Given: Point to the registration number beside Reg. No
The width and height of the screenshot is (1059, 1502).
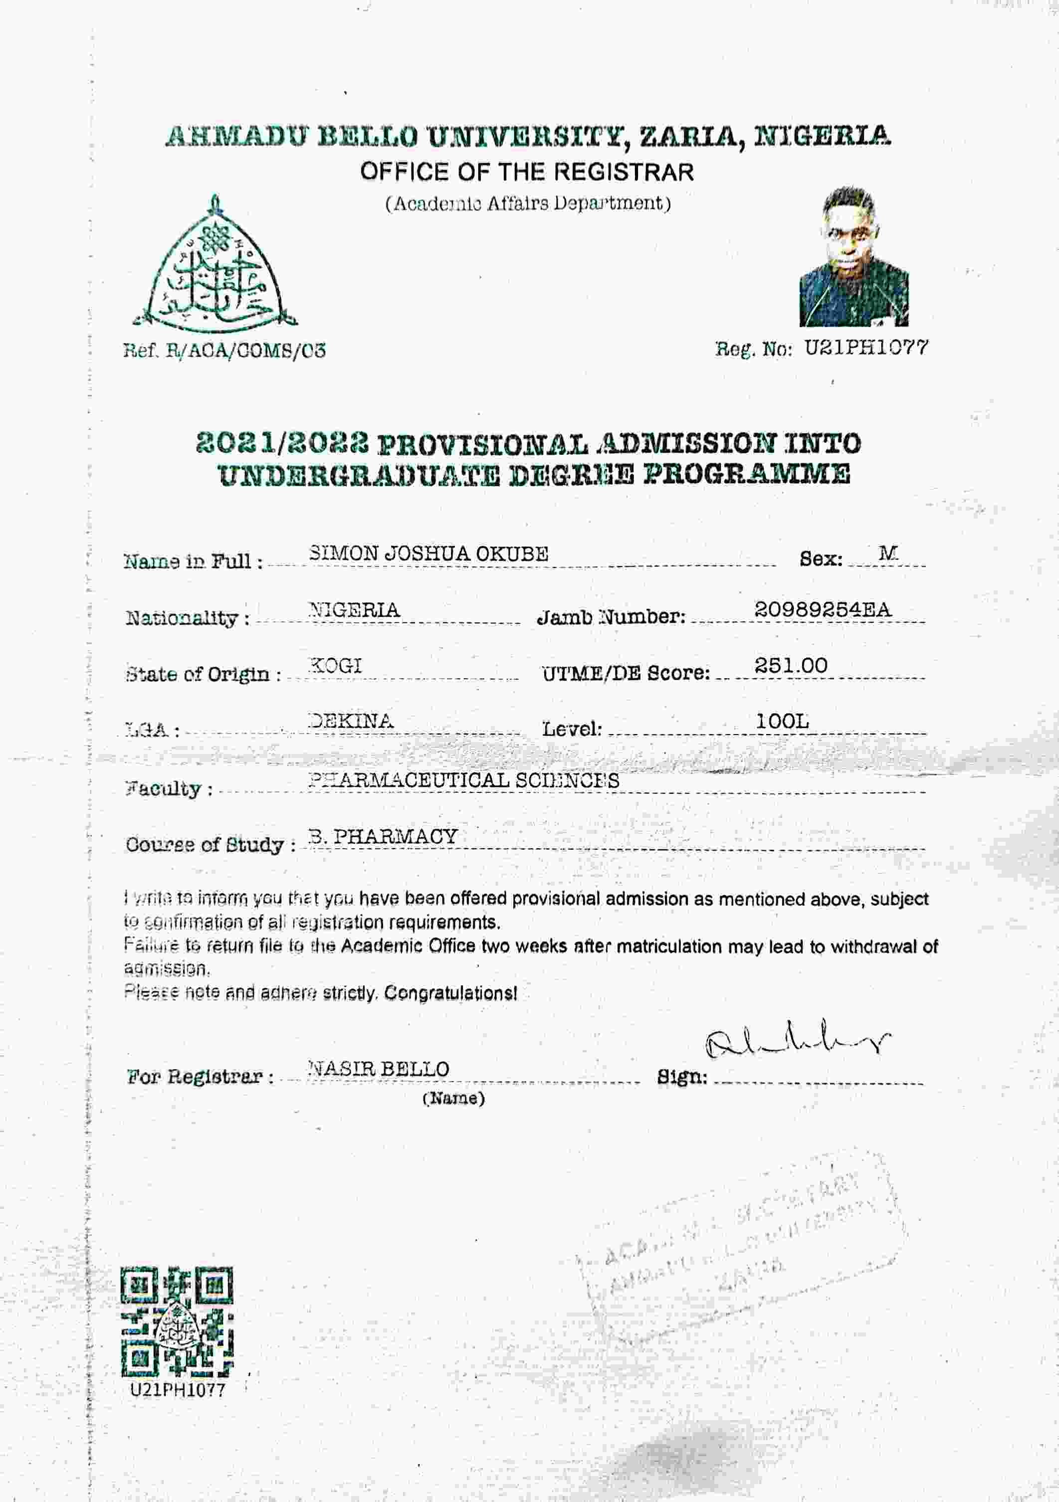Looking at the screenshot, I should [865, 348].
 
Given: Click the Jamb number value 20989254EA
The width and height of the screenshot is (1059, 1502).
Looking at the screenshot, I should [822, 610].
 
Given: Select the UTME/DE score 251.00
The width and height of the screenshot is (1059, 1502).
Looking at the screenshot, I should [791, 665].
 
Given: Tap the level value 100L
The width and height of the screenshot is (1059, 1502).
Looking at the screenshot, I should [782, 721].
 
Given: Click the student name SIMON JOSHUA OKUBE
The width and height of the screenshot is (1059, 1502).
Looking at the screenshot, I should [428, 554].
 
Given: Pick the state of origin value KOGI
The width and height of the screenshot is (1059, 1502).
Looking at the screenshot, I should [335, 665].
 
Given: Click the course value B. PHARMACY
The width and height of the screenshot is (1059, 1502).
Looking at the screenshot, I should [383, 836].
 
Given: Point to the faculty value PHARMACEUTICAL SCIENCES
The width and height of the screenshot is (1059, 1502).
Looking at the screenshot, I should [463, 780].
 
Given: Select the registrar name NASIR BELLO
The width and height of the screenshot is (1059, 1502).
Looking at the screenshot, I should [378, 1069].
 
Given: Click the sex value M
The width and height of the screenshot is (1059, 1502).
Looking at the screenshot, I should [887, 554].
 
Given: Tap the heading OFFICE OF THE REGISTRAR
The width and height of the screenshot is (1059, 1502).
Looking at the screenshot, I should [527, 172].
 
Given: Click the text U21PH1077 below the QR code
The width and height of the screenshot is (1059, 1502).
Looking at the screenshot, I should [178, 1389].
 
